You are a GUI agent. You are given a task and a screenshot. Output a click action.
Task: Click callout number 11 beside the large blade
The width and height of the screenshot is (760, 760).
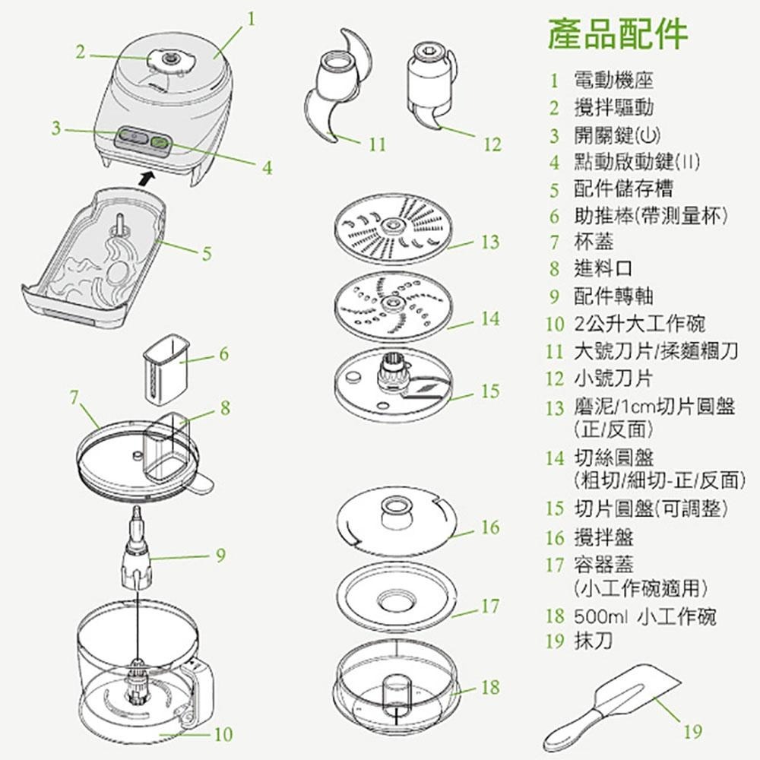coord(378,144)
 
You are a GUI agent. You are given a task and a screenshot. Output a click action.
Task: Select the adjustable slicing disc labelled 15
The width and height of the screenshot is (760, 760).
coord(391,383)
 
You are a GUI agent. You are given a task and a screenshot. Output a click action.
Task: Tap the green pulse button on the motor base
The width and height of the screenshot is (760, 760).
coord(161,141)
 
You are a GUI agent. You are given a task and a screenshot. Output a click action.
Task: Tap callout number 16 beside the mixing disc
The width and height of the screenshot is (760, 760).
coord(490,527)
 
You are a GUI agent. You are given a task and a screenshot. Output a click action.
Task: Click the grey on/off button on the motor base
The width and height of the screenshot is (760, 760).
coord(130,137)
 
